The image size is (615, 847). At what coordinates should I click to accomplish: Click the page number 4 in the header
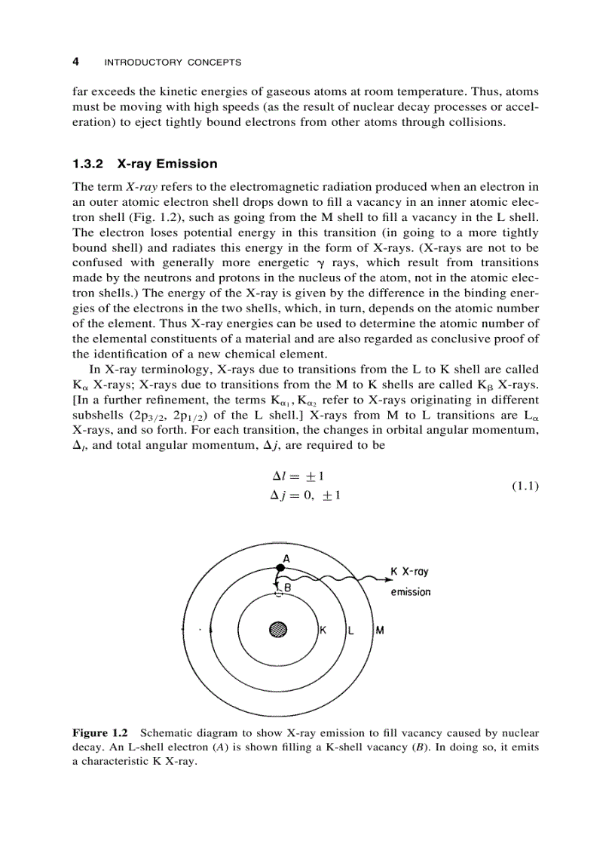click(75, 62)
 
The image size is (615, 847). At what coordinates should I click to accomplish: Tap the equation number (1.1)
click(525, 486)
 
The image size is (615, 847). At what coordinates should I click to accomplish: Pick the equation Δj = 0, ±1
click(308, 496)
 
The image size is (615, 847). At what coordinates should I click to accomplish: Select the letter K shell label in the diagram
click(323, 630)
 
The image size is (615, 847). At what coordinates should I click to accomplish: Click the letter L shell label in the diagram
click(351, 630)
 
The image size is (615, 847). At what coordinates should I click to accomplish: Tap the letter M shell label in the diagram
click(380, 630)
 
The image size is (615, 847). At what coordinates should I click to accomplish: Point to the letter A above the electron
click(286, 558)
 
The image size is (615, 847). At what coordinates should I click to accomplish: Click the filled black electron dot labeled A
click(280, 567)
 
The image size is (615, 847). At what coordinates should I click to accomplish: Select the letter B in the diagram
click(287, 586)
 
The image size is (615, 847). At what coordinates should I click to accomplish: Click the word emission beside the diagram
click(411, 592)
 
